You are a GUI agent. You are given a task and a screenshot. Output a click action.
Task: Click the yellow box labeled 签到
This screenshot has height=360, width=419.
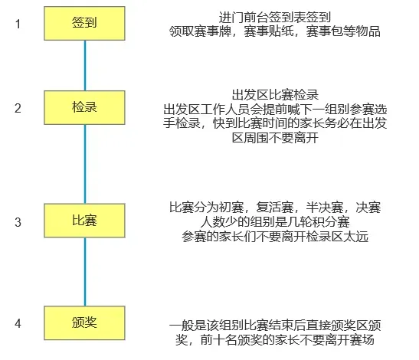click(84, 24)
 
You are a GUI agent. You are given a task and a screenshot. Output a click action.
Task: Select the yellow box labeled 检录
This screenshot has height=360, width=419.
click(84, 107)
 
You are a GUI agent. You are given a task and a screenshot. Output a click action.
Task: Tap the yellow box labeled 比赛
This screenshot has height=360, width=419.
click(84, 221)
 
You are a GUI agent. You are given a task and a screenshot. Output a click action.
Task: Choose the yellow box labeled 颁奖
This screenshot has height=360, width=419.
click(84, 322)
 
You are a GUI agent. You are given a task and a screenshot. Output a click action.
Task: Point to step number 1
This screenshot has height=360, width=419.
click(18, 24)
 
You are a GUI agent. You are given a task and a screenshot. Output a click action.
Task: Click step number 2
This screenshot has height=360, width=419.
click(18, 108)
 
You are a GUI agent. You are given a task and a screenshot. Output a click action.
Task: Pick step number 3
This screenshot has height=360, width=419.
click(18, 222)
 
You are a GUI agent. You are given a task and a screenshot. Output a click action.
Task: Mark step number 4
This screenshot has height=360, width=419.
click(18, 323)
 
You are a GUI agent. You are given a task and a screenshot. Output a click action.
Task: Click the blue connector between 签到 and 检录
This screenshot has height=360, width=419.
click(85, 65)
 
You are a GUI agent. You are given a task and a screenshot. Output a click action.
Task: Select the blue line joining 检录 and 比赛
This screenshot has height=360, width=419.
click(85, 164)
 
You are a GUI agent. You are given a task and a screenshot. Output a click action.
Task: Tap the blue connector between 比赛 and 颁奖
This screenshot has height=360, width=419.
click(85, 272)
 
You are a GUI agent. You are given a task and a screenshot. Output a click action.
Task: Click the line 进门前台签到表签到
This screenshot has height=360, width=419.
click(275, 18)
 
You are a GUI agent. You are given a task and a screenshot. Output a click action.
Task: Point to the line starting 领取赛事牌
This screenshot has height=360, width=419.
click(275, 31)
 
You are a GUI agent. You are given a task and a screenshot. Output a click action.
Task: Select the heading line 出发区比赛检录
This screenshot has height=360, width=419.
click(275, 95)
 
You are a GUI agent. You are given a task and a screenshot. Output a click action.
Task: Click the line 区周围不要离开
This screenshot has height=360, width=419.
click(275, 138)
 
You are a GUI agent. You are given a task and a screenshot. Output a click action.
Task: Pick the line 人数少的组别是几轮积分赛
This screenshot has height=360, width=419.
click(275, 221)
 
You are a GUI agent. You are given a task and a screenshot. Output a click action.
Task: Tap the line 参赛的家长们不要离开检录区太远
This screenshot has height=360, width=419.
click(275, 237)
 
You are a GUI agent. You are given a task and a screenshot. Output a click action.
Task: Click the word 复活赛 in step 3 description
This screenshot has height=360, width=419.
click(274, 207)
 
